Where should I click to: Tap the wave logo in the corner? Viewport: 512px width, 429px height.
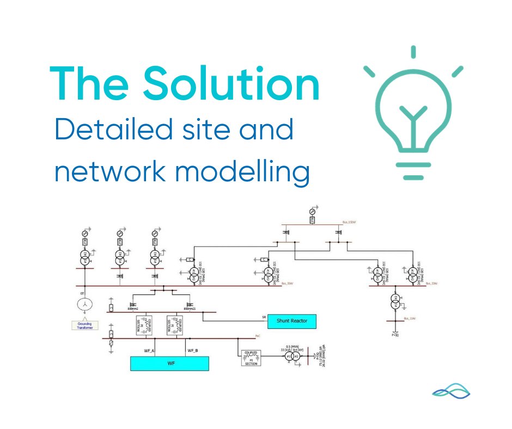click(451, 391)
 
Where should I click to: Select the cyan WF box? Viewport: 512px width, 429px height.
click(169, 363)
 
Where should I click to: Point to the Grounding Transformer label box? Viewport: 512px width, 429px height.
click(84, 326)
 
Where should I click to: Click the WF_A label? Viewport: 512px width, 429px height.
click(149, 350)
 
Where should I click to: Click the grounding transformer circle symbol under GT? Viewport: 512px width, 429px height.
click(84, 303)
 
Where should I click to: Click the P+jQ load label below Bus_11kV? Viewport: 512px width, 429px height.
click(397, 335)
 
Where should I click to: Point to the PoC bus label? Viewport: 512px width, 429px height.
click(258, 336)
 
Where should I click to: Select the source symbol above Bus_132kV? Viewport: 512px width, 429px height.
click(313, 212)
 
